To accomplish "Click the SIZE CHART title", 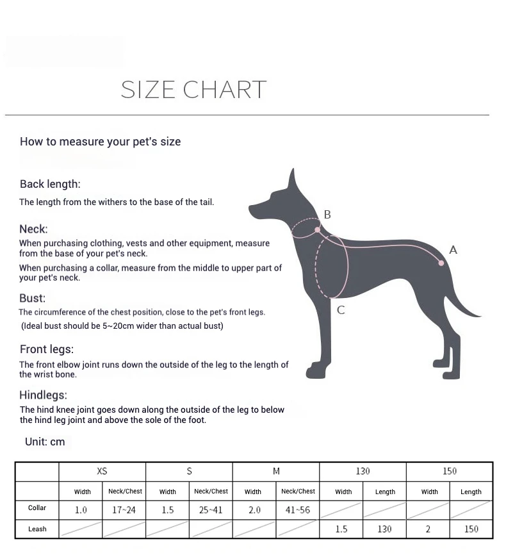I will (193, 90).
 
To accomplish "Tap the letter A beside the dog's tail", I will (453, 250).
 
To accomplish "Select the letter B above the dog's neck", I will (327, 215).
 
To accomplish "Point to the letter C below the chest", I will (341, 310).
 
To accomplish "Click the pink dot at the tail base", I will (441, 263).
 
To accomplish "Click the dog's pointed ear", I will (292, 179).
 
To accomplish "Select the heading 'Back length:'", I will (50, 184).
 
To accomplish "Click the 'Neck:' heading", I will (33, 229).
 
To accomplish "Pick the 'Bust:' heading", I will (32, 298).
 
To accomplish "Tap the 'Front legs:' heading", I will (47, 349).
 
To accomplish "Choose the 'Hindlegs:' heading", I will (43, 395).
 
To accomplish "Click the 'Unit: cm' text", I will (45, 442).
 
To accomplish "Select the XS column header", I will (102, 471).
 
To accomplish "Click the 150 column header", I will (450, 471).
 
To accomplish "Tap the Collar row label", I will (37, 508).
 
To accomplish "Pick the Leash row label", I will (37, 529).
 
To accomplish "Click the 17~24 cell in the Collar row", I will (124, 510).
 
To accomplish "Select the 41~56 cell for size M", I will (297, 510).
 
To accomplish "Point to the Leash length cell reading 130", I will (384, 529).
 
